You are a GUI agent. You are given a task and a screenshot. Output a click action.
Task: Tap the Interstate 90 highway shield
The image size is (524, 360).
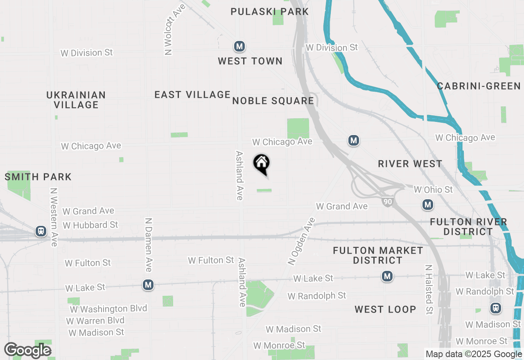(x=387, y=201)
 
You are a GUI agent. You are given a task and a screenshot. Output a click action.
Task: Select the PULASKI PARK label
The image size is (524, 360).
(x=269, y=11)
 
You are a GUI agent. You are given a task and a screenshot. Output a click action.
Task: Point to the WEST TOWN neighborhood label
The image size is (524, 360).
(x=250, y=61)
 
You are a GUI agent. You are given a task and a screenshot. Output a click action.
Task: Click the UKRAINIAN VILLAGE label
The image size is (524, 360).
(x=76, y=100)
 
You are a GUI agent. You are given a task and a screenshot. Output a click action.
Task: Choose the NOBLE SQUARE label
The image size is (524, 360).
(x=273, y=101)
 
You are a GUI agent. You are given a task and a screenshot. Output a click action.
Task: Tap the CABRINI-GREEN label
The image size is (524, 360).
(x=479, y=86)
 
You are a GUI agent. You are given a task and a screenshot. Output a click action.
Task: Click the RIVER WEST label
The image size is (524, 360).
(x=410, y=164)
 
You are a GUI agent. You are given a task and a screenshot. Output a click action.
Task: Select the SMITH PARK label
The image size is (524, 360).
(x=38, y=177)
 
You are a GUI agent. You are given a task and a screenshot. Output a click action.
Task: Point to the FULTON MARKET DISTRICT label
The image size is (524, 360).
(x=378, y=255)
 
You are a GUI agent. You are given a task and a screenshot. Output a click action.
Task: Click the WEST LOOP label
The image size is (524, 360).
(x=385, y=309)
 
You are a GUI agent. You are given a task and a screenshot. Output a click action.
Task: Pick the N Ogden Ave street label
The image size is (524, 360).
(x=302, y=241)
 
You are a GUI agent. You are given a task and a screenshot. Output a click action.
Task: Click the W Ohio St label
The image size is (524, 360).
(x=433, y=190)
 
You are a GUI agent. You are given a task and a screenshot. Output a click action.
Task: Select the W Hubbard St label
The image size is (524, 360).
(x=90, y=225)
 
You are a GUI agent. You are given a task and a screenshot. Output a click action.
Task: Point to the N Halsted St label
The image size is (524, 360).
(x=428, y=289)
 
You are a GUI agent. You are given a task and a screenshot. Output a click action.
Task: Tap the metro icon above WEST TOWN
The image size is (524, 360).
(x=239, y=47)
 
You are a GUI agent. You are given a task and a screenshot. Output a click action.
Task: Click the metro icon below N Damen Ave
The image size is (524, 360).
(x=148, y=285)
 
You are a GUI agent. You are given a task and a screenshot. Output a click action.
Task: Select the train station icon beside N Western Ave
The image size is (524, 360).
(x=41, y=232)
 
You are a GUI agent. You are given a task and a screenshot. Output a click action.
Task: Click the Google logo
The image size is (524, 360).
(x=28, y=350)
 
